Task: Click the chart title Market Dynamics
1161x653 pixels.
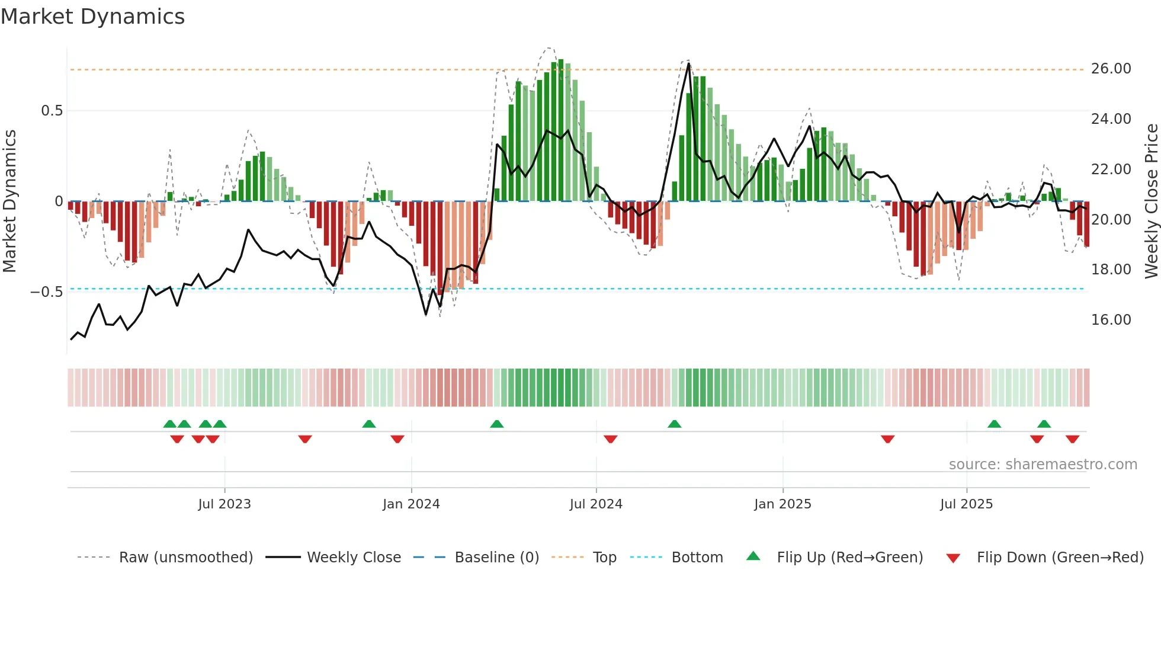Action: (x=92, y=17)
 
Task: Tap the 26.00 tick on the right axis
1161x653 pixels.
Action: (x=1111, y=69)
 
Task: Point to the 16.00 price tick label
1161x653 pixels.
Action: (x=1111, y=320)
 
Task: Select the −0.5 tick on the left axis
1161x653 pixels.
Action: (x=46, y=292)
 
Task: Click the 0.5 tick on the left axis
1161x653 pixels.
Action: (x=52, y=111)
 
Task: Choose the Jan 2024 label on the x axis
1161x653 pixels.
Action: (x=411, y=504)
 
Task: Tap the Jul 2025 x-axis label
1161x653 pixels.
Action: (x=966, y=504)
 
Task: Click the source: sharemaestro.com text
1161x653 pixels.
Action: (x=1043, y=465)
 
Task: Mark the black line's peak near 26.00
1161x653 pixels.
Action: (x=688, y=64)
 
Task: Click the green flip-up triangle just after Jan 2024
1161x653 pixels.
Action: (x=497, y=424)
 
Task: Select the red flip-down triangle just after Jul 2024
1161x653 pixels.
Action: (x=611, y=439)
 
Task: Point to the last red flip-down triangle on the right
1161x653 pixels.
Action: (x=1072, y=439)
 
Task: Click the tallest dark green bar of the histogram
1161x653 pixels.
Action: (x=560, y=130)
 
